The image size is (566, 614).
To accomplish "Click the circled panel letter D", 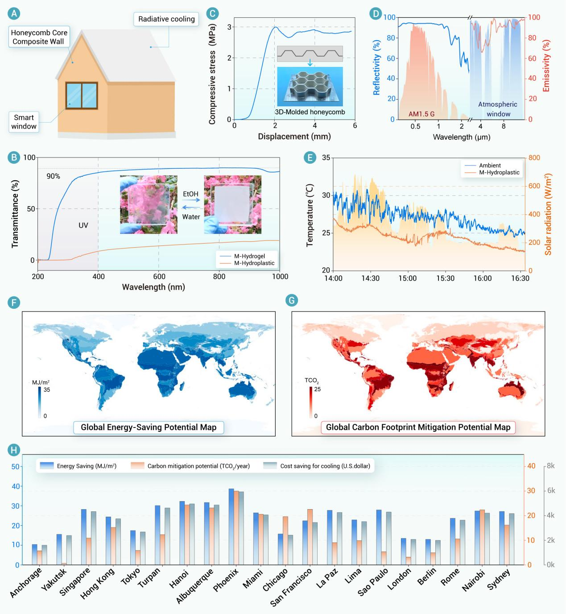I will (376, 14).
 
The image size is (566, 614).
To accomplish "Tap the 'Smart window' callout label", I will (24, 122).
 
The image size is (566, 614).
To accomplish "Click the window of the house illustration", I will (81, 95).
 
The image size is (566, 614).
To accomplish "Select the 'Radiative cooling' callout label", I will (166, 19).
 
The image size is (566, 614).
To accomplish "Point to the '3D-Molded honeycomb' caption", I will (310, 112).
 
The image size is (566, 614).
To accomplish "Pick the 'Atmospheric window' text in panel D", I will (498, 109).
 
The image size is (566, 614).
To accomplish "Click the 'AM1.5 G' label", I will (421, 114).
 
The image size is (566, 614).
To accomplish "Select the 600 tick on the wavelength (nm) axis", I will (159, 277).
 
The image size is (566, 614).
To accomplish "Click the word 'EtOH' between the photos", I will (190, 194).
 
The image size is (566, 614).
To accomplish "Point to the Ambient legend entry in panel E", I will (490, 166).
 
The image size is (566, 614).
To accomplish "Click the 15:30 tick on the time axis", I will (445, 278).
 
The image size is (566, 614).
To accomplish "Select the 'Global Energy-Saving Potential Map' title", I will (149, 427).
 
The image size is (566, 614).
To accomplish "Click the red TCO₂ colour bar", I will (310, 402).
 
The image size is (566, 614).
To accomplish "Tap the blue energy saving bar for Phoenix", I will (231, 527).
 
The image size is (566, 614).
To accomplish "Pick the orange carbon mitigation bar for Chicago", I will (285, 540).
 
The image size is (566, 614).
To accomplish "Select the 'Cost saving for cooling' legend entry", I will (325, 466).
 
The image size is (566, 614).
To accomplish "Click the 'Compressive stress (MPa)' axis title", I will (212, 74).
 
